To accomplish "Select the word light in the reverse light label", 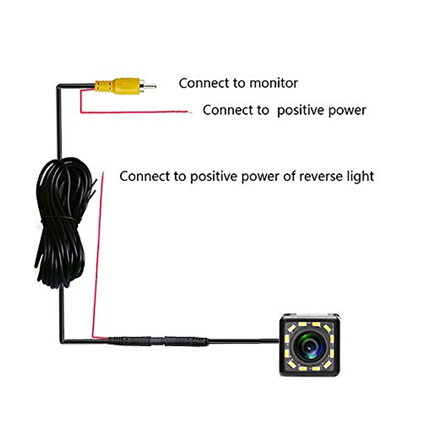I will tap(359, 176).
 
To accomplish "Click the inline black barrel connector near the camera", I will tap(158, 341).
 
